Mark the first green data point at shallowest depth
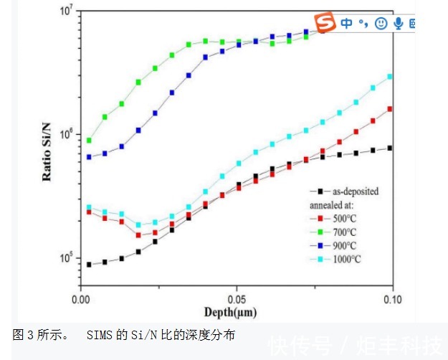(x=89, y=141)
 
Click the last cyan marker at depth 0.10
(x=390, y=76)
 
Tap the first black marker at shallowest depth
(x=89, y=265)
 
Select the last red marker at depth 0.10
(x=390, y=109)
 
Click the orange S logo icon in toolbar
(x=327, y=23)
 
